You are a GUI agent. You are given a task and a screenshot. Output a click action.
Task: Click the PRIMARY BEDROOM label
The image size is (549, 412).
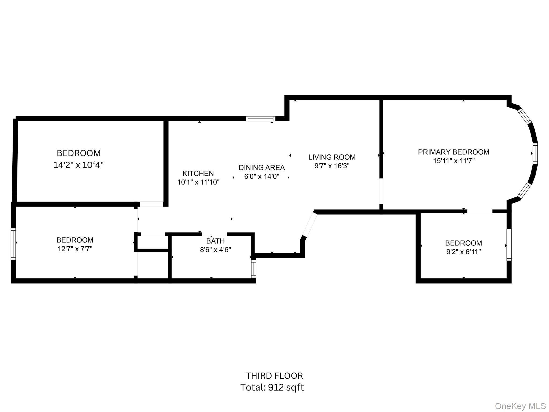pos(453,152)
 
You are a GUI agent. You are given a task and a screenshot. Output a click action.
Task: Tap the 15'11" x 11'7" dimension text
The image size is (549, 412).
pos(454,161)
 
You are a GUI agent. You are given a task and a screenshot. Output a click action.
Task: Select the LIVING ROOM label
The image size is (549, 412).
pos(332,157)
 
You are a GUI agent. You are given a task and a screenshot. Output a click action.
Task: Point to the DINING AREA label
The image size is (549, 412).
pos(261,168)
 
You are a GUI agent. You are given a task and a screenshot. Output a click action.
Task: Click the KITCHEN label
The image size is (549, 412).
pos(198,173)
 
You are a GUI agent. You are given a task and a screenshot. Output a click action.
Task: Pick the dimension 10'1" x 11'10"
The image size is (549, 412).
pos(198,182)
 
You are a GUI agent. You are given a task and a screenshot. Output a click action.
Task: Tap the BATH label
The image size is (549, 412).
pos(215,241)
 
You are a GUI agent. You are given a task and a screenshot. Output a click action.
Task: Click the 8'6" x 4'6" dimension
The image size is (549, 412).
pos(215,250)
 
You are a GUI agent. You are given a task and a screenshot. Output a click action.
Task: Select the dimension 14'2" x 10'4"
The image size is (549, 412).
pos(78,165)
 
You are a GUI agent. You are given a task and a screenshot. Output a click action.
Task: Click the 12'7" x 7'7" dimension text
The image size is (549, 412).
pos(75,249)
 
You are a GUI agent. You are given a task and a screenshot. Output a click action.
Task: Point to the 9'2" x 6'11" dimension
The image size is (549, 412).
pos(463,252)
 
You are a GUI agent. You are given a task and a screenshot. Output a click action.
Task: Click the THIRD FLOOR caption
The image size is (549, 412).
pos(274,376)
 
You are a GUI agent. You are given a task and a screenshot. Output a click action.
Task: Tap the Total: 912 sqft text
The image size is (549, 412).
pos(272,388)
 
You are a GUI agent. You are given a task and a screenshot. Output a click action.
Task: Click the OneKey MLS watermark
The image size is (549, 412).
pos(520,406)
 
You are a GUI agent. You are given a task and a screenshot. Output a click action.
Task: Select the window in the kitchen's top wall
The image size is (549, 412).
pos(261,119)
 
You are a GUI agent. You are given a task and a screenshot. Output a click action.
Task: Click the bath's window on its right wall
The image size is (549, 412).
pos(253,269)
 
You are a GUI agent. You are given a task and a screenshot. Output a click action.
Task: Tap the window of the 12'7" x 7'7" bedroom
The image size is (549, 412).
pos(13,244)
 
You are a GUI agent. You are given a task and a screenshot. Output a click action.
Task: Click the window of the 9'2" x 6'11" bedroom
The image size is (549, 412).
pos(509,245)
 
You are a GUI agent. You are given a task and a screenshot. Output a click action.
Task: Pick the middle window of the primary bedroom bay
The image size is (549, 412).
pos(535,153)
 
